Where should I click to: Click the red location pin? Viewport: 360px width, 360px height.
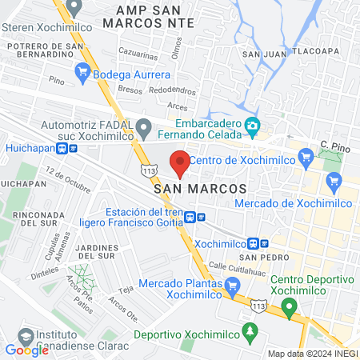[x=180, y=162]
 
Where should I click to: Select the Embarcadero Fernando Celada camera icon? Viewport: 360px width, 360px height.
[x=253, y=125]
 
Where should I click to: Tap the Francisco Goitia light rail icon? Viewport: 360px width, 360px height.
[x=202, y=216]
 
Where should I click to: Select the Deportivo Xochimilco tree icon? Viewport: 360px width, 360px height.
[x=251, y=330]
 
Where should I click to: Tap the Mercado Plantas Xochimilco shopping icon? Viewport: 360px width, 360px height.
[x=232, y=284]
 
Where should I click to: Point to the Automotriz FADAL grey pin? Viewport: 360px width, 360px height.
[x=143, y=126]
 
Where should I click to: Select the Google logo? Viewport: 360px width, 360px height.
[x=26, y=350]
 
